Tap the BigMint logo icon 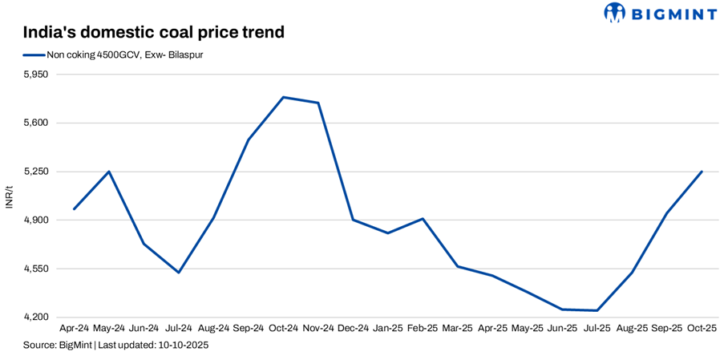pos(614,13)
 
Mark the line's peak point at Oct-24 pos(284,98)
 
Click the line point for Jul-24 pos(179,273)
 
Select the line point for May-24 pos(109,172)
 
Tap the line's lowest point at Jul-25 pos(597,310)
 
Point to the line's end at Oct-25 pos(702,172)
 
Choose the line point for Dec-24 pos(354,220)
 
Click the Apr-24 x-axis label pos(75,328)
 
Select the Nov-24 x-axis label pos(318,328)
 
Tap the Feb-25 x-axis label pos(423,328)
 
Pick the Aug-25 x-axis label pos(632,328)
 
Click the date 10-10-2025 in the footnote pos(183,345)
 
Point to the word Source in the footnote pos(38,345)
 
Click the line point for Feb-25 pos(423,218)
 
